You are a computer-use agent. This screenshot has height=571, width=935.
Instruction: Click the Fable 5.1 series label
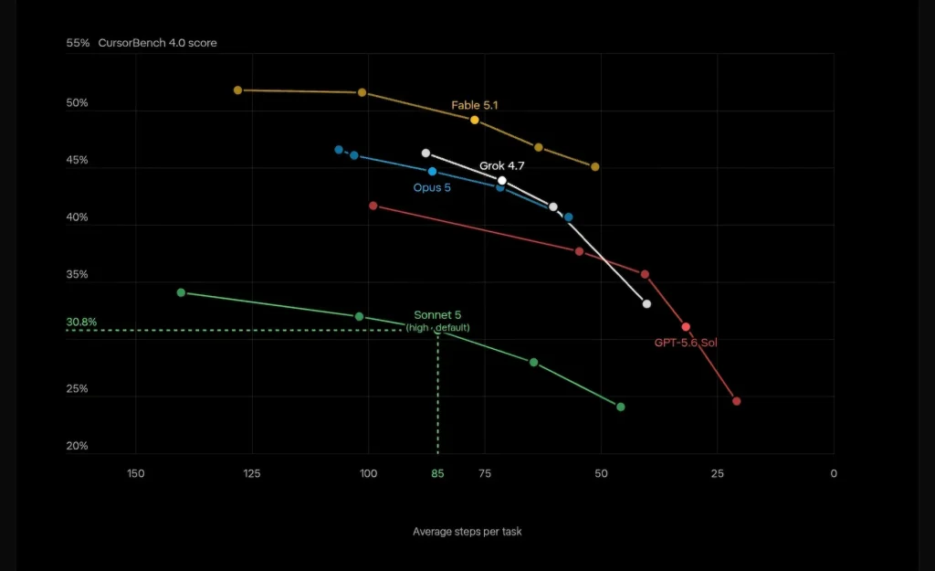click(474, 105)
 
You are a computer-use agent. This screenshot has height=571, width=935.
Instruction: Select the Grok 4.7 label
click(501, 165)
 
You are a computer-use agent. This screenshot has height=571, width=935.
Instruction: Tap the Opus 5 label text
click(432, 188)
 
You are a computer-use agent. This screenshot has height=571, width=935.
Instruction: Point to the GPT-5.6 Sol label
click(686, 343)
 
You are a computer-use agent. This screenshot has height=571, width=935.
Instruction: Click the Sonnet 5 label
click(437, 315)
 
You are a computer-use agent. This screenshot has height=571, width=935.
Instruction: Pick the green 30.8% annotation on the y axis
click(81, 323)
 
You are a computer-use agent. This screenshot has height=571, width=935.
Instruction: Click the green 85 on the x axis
click(437, 473)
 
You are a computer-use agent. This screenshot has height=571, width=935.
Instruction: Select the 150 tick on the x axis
click(135, 473)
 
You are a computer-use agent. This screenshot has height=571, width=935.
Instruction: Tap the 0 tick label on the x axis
click(834, 473)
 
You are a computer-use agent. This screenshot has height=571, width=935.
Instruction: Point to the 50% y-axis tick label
click(77, 103)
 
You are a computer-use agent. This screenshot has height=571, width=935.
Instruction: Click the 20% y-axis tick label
click(77, 446)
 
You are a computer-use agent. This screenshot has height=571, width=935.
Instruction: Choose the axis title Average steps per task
click(467, 532)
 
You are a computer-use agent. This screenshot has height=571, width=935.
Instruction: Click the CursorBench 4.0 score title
click(157, 43)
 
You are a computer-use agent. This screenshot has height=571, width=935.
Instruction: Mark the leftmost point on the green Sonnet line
click(182, 293)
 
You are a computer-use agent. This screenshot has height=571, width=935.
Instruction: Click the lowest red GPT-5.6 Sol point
click(737, 401)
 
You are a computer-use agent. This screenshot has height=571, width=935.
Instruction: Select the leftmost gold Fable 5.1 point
click(238, 90)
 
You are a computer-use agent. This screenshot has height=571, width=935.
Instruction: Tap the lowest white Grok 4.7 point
click(646, 303)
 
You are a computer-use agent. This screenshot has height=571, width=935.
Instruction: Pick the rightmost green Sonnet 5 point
click(621, 407)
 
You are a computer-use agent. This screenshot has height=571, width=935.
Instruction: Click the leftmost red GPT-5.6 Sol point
click(373, 206)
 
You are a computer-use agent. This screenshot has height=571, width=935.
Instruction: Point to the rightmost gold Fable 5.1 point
click(595, 167)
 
